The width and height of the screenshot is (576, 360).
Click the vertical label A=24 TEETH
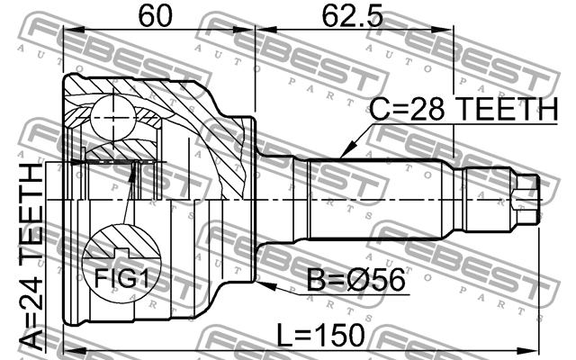(31, 256)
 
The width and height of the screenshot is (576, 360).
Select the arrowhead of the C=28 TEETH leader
(343, 157)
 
